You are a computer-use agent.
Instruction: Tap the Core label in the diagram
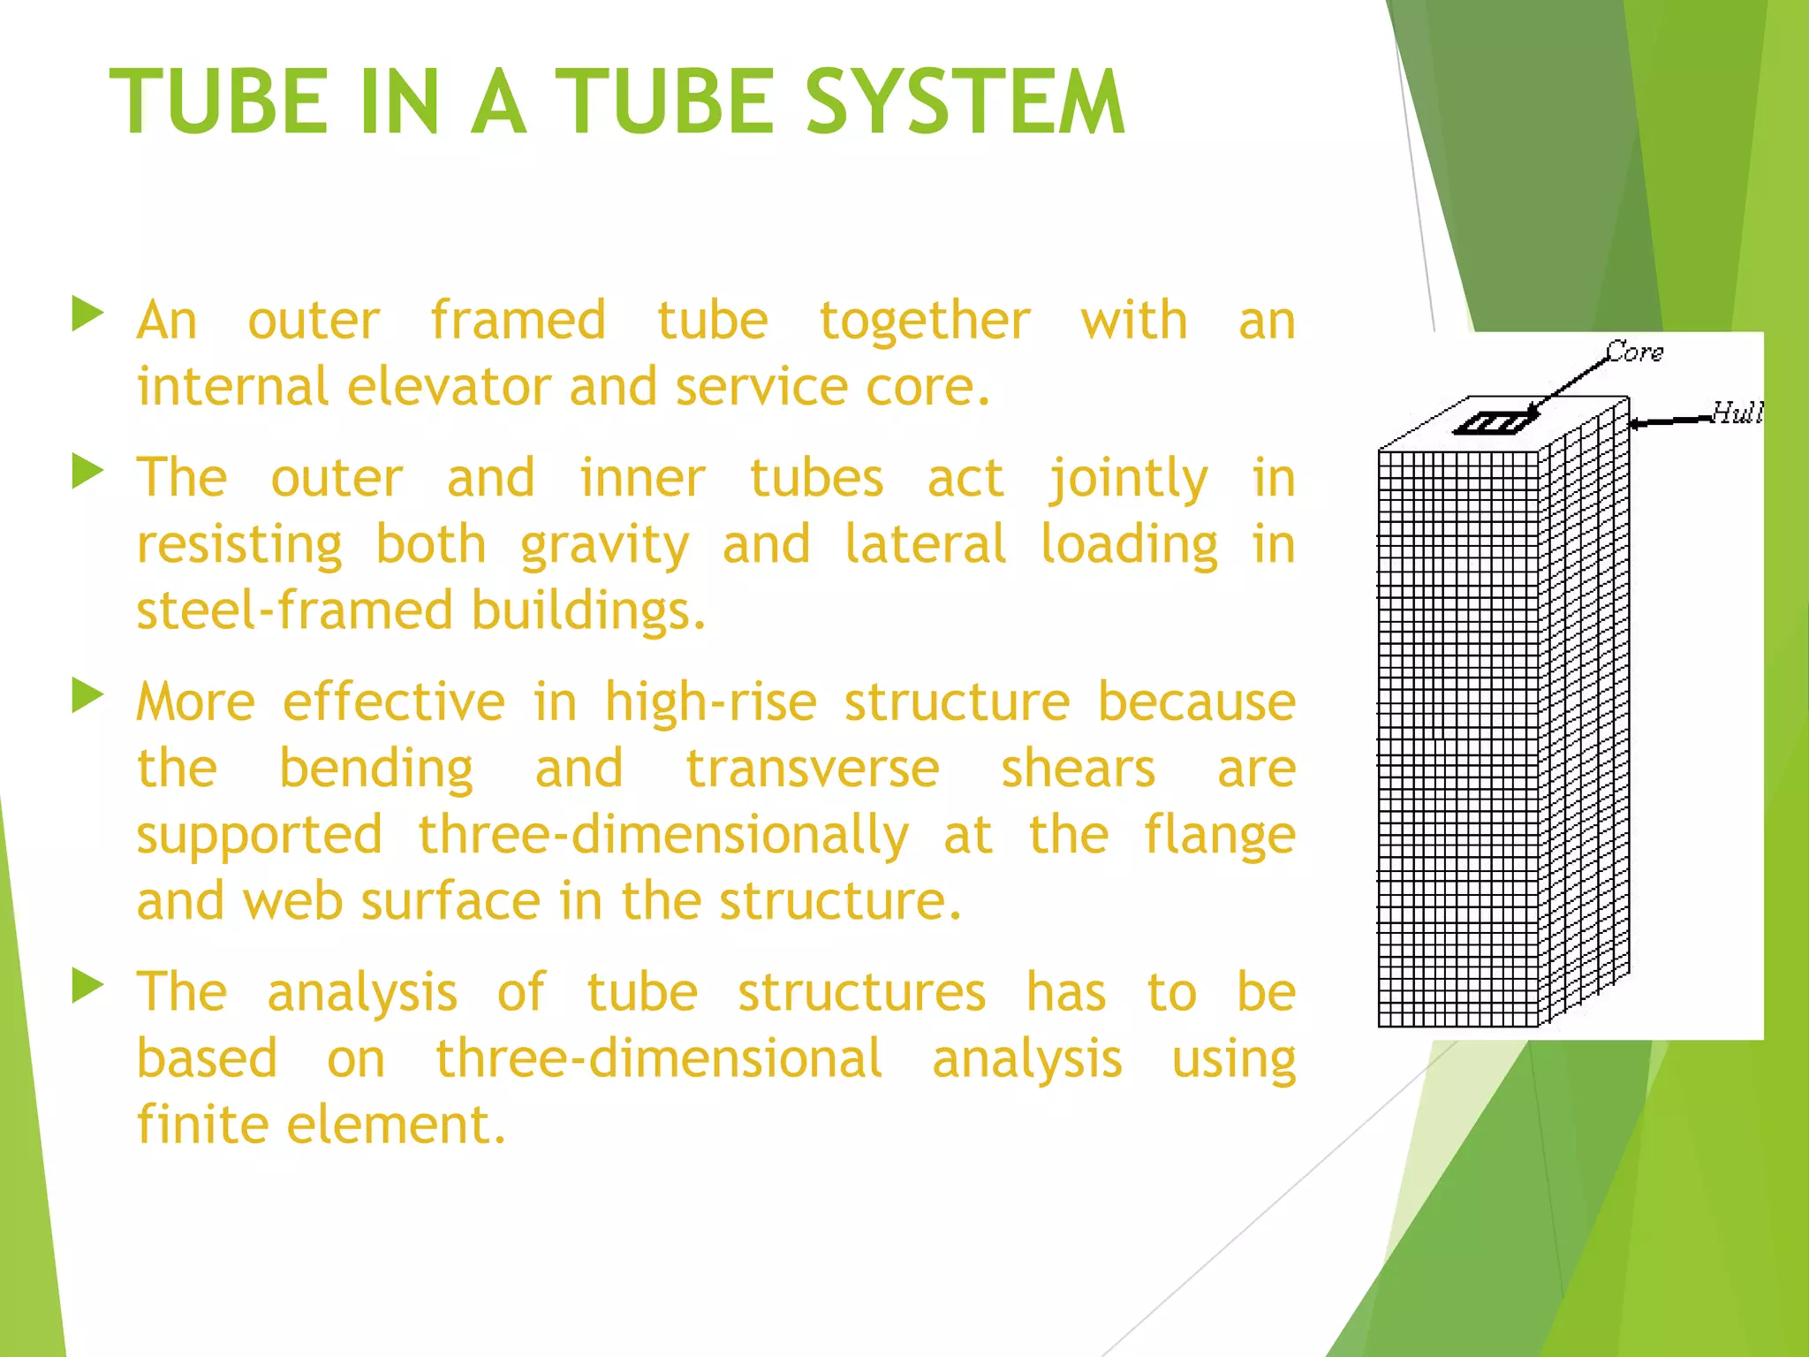pyautogui.click(x=1634, y=353)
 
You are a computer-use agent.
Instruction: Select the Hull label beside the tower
pyautogui.click(x=1737, y=413)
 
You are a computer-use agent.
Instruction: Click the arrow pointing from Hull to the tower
pyautogui.click(x=1669, y=421)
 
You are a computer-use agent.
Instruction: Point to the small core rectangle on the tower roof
pyautogui.click(x=1491, y=424)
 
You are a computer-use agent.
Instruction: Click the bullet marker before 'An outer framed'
pyautogui.click(x=87, y=315)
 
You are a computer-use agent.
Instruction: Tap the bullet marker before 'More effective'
pyautogui.click(x=87, y=695)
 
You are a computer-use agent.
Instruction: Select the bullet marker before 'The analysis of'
pyautogui.click(x=87, y=986)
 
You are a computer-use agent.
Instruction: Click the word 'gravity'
pyautogui.click(x=604, y=545)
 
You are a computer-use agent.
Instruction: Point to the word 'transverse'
pyautogui.click(x=813, y=769)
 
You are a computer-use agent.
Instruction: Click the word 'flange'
pyautogui.click(x=1219, y=836)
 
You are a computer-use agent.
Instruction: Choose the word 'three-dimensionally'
pyautogui.click(x=663, y=836)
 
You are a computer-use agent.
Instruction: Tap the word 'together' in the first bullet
pyautogui.click(x=925, y=320)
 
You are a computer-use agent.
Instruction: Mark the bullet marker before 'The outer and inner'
pyautogui.click(x=87, y=472)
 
